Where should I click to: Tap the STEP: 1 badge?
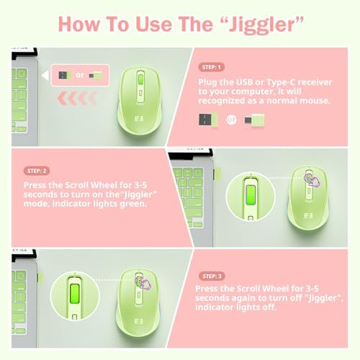point(211,67)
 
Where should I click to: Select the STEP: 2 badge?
point(37,171)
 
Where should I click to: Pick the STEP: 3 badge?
point(212,276)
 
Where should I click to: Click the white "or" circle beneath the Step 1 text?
point(231,120)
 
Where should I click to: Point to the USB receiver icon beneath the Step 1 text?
point(208,120)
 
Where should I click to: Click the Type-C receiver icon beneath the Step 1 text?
point(254,120)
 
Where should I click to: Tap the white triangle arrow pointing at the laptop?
point(45,76)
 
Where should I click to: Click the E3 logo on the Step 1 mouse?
point(139,119)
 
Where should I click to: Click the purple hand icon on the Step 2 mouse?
point(312,180)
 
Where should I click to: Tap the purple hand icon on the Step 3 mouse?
point(143,283)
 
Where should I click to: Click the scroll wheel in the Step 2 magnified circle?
point(251,195)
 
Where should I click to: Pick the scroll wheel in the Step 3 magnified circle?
point(75,294)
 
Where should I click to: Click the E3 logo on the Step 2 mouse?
point(308,216)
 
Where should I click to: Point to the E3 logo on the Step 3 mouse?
point(139,321)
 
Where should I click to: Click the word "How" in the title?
point(79,24)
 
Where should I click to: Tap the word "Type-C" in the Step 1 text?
point(281,83)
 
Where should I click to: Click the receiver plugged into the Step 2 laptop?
point(217,174)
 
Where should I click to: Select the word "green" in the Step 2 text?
point(133,204)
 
